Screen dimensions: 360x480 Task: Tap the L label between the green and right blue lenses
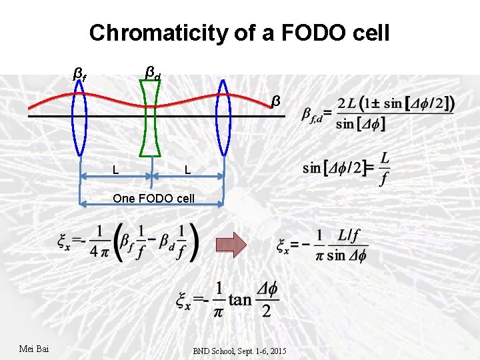(x=188, y=170)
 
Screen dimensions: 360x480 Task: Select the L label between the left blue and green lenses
(x=116, y=170)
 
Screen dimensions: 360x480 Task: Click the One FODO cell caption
(x=154, y=198)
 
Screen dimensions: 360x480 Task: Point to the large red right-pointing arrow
(x=231, y=244)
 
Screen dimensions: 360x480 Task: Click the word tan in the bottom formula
(x=240, y=299)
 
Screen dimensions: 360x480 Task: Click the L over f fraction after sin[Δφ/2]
(x=383, y=168)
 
